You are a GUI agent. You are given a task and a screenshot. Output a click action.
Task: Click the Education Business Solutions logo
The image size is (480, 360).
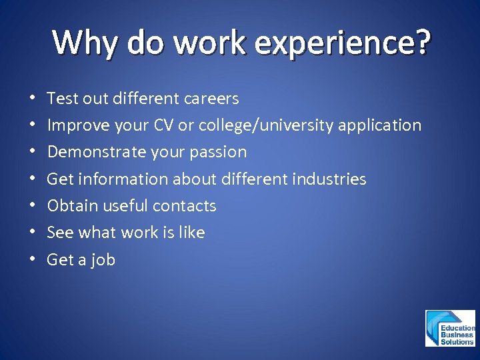coord(451,328)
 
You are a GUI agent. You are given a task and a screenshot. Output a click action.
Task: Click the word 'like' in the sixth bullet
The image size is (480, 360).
coord(191,233)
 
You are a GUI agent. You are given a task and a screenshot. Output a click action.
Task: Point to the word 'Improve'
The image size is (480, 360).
coord(75,125)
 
